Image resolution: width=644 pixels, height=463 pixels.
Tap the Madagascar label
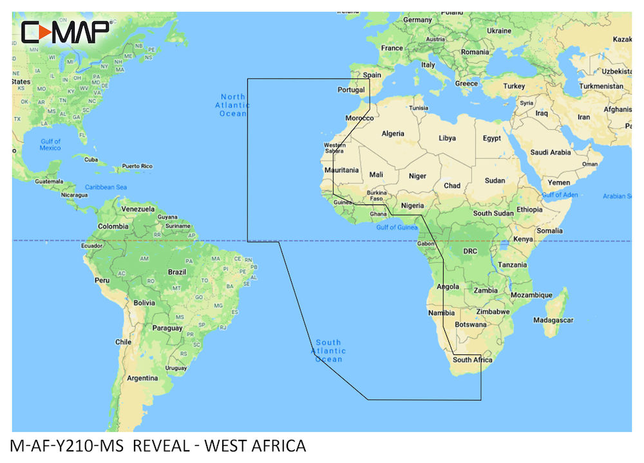[x=553, y=320]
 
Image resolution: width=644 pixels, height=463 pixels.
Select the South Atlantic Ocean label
[x=328, y=350]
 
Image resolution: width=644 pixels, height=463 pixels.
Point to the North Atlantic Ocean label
[x=232, y=105]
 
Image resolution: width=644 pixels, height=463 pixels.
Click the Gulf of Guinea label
[x=396, y=227]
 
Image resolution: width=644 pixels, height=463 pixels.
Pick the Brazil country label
[x=176, y=272]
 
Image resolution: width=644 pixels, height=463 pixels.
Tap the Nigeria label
[x=412, y=206]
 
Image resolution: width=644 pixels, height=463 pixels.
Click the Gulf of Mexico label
[x=50, y=145]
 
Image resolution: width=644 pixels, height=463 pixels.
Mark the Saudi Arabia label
[x=551, y=152]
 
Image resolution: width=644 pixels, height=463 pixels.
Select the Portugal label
[x=352, y=90]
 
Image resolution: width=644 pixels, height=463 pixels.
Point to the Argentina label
[x=142, y=378]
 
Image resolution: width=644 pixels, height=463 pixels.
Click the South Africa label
[x=472, y=360]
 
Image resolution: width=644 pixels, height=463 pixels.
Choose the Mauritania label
[x=342, y=170]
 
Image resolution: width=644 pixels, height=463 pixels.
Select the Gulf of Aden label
[x=560, y=194]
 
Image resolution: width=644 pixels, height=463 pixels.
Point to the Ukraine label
[x=499, y=30]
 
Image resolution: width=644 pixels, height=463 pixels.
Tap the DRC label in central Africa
[x=470, y=251]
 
